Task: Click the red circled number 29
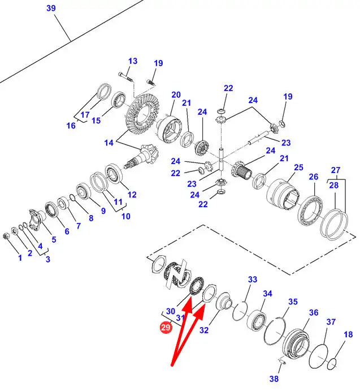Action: tap(166, 327)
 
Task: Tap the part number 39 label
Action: tap(51, 8)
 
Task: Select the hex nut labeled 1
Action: tap(6, 235)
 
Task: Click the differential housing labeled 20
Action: tap(170, 130)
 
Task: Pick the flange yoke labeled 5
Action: tap(36, 218)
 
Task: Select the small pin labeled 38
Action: tap(282, 361)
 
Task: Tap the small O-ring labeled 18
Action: tap(332, 364)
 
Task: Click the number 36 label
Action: tap(314, 312)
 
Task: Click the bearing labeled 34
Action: tap(256, 320)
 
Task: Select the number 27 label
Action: tap(336, 170)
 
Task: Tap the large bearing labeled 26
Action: tap(311, 211)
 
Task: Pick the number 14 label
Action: tap(109, 143)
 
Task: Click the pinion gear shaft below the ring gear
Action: tap(140, 157)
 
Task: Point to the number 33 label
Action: tap(253, 280)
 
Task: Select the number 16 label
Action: tap(71, 126)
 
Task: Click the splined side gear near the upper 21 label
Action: tap(202, 148)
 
